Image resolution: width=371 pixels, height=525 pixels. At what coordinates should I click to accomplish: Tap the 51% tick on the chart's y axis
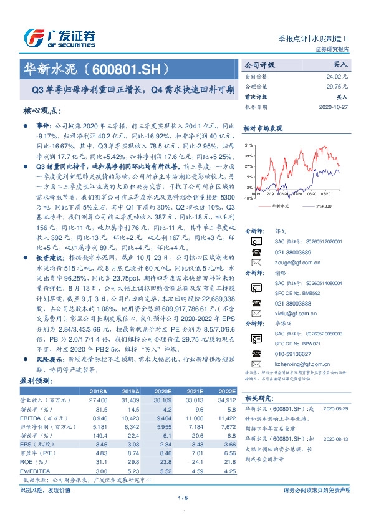point(249,143)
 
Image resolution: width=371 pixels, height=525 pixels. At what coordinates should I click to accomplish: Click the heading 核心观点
point(42,110)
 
